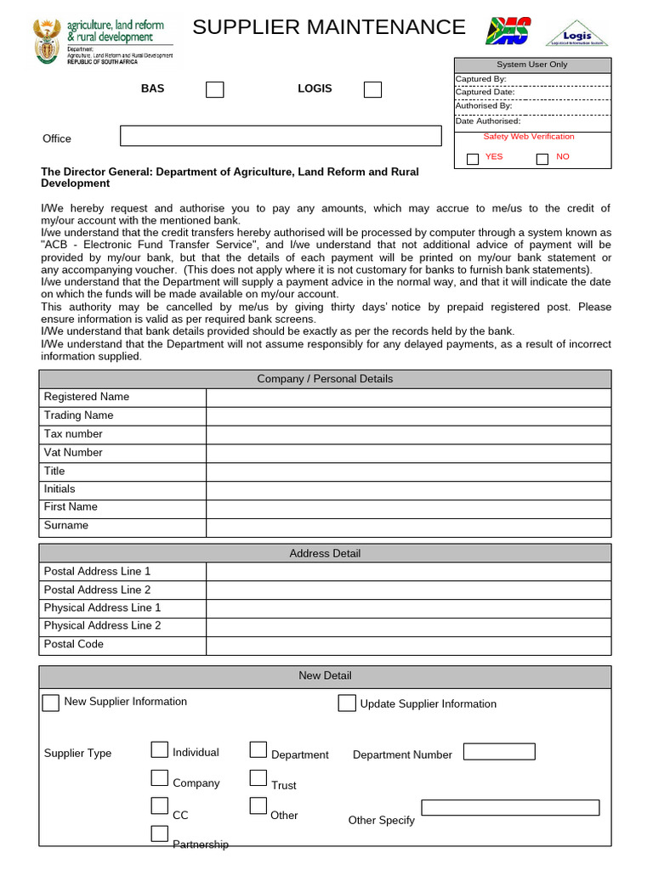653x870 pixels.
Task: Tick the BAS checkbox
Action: [215, 89]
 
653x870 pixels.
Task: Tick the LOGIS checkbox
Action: [372, 89]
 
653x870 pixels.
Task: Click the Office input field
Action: [281, 136]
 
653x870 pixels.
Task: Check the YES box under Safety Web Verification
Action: [473, 159]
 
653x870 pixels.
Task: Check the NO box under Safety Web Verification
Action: [542, 159]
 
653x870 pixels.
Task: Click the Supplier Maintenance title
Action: [329, 27]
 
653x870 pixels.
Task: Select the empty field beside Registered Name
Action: [408, 398]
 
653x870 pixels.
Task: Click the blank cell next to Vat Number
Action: [408, 453]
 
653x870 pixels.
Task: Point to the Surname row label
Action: [66, 525]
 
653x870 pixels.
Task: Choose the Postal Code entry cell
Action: [408, 645]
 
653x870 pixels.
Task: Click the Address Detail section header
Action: [325, 553]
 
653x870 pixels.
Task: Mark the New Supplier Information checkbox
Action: [51, 703]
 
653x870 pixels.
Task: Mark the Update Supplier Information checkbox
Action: [346, 703]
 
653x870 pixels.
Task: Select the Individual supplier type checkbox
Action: [160, 749]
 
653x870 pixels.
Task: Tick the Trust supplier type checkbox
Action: [258, 777]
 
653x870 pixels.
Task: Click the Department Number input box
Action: [499, 752]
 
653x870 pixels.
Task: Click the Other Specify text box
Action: [510, 807]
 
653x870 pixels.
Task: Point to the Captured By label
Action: [481, 79]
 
